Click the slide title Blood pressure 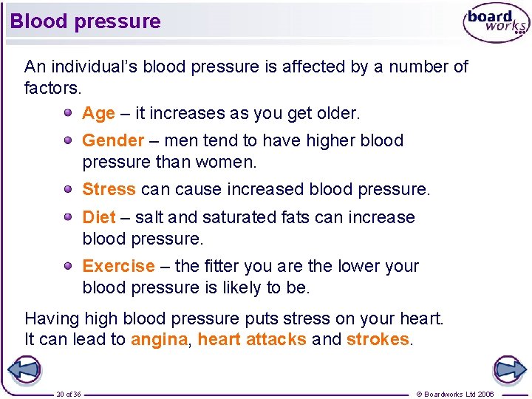[85, 21]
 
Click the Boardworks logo [496, 24]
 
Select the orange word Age [98, 114]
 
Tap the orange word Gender [113, 140]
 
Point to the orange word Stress [109, 189]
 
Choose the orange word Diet [99, 217]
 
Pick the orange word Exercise [118, 266]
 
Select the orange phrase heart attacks [252, 339]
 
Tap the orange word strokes [378, 339]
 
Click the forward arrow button [509, 369]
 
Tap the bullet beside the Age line [67, 113]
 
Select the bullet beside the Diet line [67, 216]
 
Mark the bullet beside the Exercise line [67, 265]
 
